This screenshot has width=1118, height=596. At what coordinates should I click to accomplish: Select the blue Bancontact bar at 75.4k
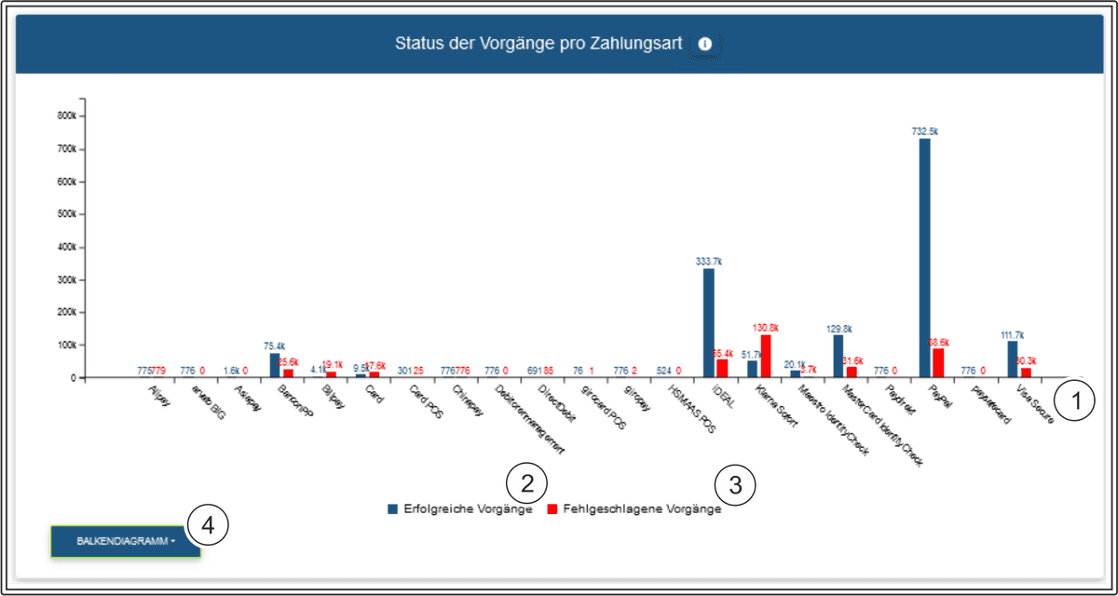(x=275, y=365)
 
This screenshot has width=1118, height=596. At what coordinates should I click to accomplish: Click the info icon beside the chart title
(x=705, y=44)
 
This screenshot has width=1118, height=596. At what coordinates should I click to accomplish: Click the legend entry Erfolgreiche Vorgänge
(x=461, y=509)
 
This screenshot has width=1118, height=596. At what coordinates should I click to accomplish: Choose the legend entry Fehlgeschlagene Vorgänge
(x=634, y=509)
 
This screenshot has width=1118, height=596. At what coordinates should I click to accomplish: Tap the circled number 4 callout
(x=208, y=525)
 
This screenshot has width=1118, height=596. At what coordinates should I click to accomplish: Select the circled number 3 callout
(x=735, y=484)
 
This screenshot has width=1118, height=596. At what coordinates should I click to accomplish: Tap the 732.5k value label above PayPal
(x=924, y=131)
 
